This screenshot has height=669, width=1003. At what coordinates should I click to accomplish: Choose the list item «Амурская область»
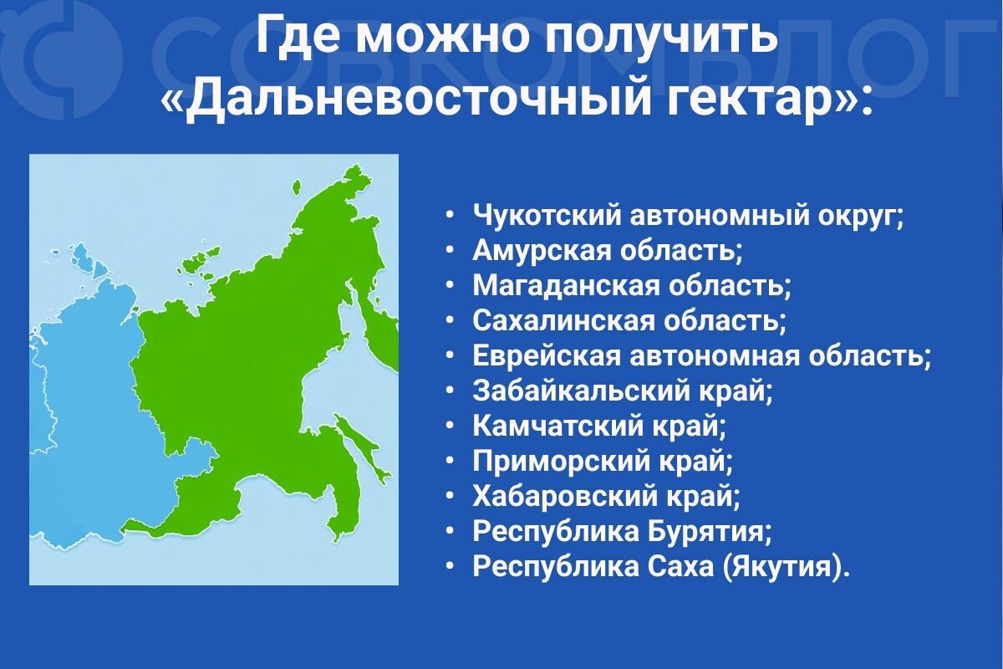pyautogui.click(x=608, y=250)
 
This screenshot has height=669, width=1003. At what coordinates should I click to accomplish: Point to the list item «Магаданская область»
pyautogui.click(x=632, y=285)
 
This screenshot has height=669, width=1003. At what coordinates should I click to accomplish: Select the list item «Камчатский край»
pyautogui.click(x=600, y=426)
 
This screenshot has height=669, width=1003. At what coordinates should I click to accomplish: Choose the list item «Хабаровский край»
pyautogui.click(x=607, y=496)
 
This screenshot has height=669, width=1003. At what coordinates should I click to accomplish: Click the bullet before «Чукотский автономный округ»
pyautogui.click(x=451, y=215)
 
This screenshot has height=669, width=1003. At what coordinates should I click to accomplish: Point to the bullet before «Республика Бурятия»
pyautogui.click(x=451, y=531)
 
